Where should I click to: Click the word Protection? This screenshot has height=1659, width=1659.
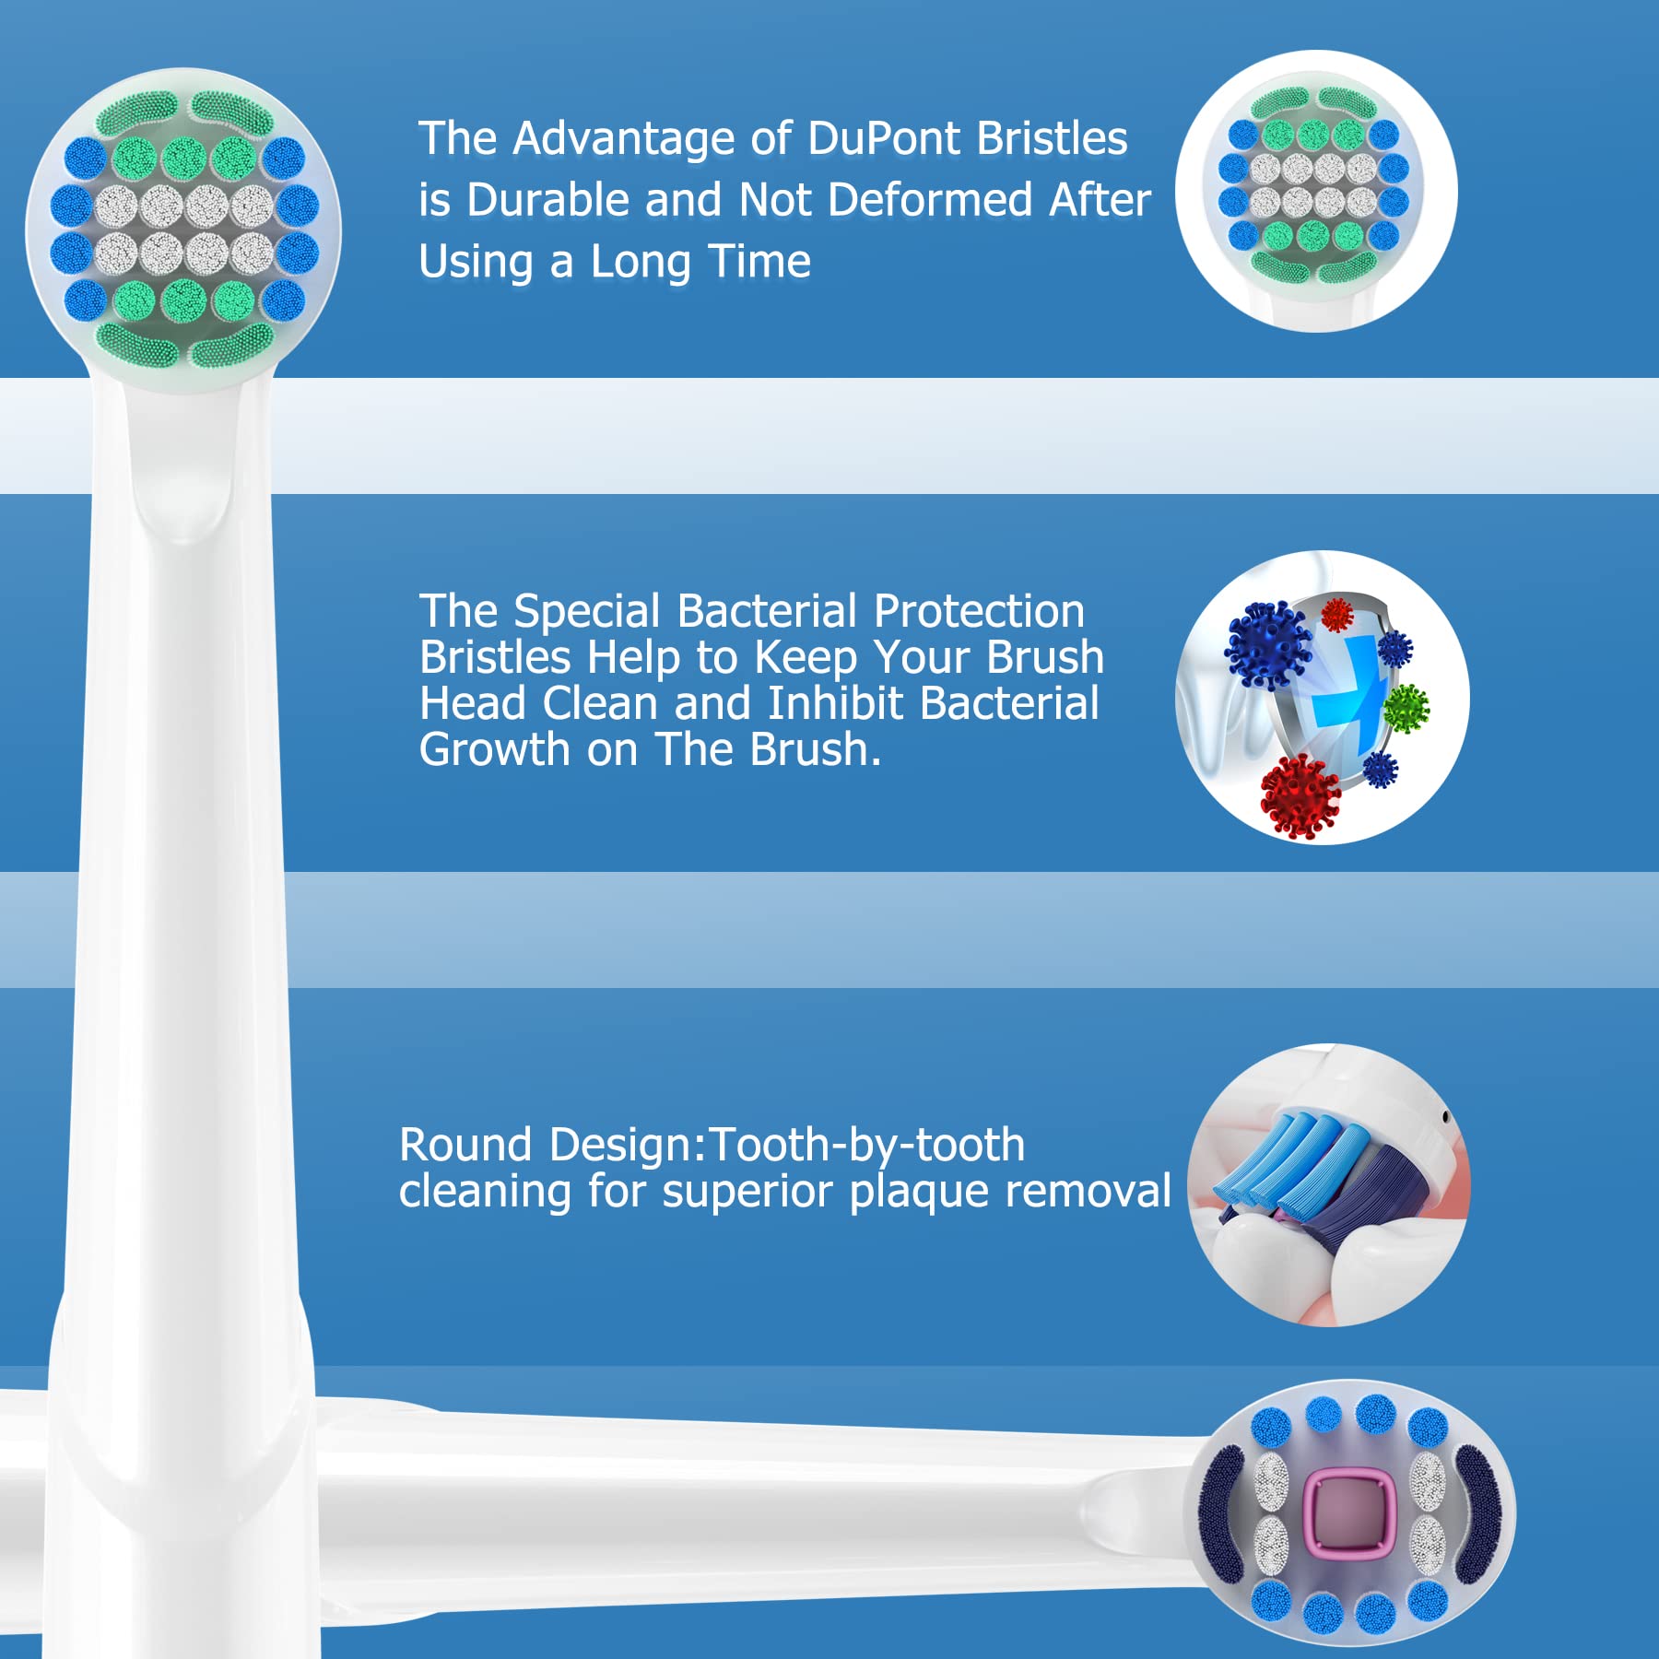tap(979, 611)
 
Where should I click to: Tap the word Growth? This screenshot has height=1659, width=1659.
tap(495, 749)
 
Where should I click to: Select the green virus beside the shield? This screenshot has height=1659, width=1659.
tap(1406, 709)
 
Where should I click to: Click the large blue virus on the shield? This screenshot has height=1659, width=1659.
tap(1268, 645)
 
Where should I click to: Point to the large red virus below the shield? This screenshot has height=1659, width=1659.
tap(1300, 795)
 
